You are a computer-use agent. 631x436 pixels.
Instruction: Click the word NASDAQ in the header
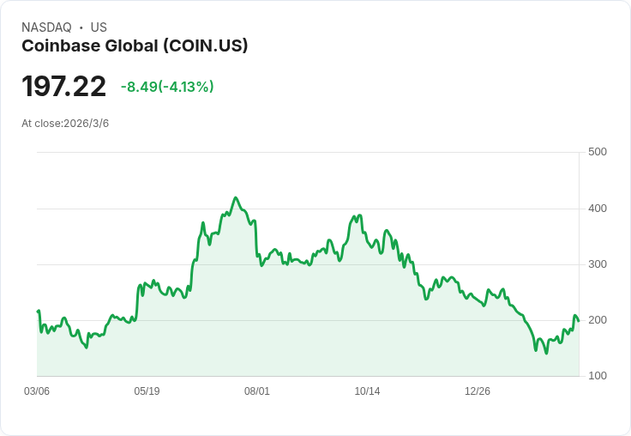[x=46, y=27]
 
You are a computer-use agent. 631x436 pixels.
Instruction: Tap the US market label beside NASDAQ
[x=99, y=27]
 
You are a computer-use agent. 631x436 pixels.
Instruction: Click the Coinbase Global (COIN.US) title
[x=135, y=45]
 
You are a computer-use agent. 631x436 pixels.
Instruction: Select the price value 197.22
[x=63, y=87]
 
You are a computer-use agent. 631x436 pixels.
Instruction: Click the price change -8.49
[x=139, y=87]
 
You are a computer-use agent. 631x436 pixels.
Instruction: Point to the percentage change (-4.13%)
[x=186, y=87]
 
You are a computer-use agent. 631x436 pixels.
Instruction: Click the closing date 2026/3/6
[x=87, y=124]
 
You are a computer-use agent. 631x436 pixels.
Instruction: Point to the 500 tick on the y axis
[x=597, y=152]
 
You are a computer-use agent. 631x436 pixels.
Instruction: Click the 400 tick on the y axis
[x=597, y=208]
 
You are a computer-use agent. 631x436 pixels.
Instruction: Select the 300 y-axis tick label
[x=597, y=263]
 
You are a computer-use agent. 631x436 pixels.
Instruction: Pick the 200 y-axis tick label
[x=597, y=320]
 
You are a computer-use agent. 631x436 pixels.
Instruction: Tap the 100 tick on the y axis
[x=597, y=376]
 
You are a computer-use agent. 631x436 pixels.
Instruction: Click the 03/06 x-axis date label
[x=37, y=391]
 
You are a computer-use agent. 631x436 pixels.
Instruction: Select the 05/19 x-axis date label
[x=147, y=391]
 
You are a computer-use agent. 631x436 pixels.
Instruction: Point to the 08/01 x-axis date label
[x=257, y=391]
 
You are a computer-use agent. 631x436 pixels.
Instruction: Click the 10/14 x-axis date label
[x=367, y=391]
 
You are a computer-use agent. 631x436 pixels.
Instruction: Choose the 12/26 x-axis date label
[x=478, y=391]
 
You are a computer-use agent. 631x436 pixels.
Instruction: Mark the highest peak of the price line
[x=236, y=197]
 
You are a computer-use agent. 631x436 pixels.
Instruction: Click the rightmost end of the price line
[x=579, y=321]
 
